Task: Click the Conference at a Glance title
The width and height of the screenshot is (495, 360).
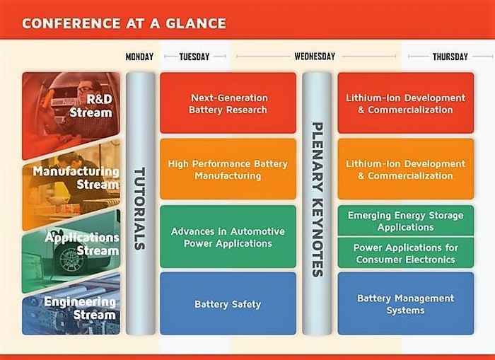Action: click(x=124, y=23)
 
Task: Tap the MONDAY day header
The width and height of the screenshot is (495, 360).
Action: click(x=139, y=57)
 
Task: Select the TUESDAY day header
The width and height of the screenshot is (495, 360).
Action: click(x=194, y=57)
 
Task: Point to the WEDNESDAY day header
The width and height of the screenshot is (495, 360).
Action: click(x=315, y=57)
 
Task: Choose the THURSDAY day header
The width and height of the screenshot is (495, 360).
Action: click(x=450, y=57)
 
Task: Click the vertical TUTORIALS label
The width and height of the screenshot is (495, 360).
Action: click(x=139, y=209)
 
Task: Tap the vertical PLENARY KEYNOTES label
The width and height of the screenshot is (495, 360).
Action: click(x=318, y=199)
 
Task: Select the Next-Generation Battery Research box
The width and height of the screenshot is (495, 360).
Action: click(x=228, y=103)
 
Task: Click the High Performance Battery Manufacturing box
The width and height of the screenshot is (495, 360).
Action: click(x=228, y=169)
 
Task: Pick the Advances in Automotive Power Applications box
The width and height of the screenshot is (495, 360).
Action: click(x=228, y=237)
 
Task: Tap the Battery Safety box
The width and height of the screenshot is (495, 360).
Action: click(x=228, y=304)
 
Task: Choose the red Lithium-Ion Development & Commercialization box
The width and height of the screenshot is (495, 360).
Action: click(x=406, y=103)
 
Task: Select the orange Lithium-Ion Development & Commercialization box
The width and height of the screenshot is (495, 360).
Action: click(x=406, y=169)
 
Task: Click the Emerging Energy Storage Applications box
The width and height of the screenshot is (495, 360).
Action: click(x=406, y=221)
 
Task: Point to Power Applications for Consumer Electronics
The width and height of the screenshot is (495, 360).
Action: click(x=406, y=253)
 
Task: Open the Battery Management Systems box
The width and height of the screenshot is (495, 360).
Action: click(x=406, y=304)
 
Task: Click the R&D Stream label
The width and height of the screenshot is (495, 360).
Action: click(x=91, y=106)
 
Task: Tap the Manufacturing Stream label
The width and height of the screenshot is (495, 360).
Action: click(x=76, y=178)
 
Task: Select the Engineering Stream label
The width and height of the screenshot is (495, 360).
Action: click(x=80, y=308)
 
